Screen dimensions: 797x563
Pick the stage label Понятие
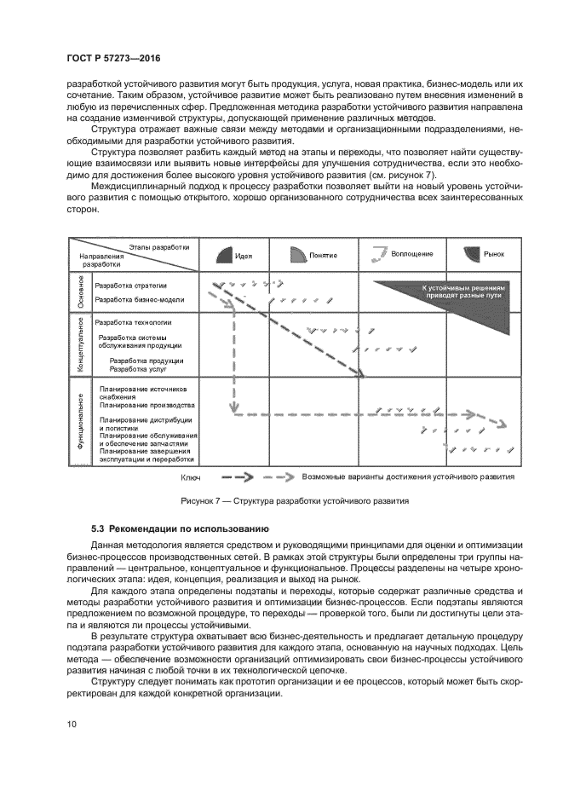point(323,255)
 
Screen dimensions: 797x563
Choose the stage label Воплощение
point(411,254)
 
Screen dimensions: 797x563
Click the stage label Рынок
point(494,254)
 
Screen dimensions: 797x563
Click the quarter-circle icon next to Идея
point(221,255)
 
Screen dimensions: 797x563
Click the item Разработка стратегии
point(130,286)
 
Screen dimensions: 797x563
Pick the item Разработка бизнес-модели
point(139,300)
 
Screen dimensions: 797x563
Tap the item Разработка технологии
point(133,322)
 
